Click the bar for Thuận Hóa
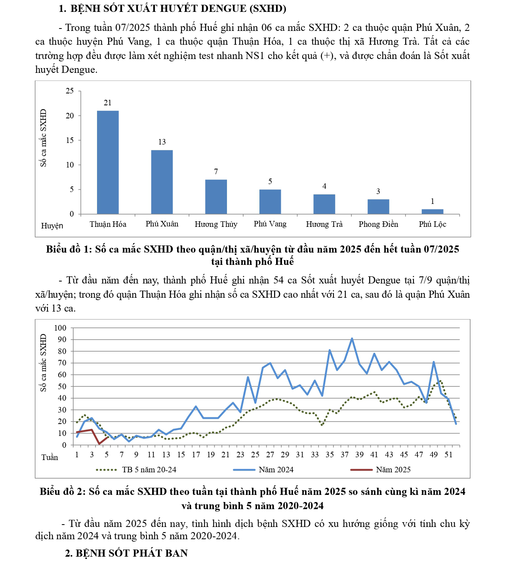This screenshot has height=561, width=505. pos(108,162)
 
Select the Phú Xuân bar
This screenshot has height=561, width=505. pos(162,182)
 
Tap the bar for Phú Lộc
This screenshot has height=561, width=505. pos(432,211)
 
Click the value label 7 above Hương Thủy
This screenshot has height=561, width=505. pos(216,171)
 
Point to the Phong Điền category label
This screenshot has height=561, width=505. pos(378,224)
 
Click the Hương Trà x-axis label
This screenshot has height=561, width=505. pos(324,224)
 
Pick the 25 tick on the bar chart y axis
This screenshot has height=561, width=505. pos(70,91)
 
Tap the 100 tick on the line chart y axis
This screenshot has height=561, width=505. pos(60,328)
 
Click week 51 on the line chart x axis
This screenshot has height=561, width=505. pos(448,455)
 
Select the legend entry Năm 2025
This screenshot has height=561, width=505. pos(393,470)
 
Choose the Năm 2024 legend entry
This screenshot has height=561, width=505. pos(276,470)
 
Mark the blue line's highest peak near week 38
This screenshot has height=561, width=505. pos(352,339)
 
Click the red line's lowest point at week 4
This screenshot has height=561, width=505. pos(99,444)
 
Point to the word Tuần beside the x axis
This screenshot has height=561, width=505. pos(50,457)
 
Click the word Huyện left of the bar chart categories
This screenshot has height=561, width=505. pos(52,226)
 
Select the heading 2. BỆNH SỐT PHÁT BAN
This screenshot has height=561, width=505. pos(126,553)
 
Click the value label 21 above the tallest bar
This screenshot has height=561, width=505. pos(108,103)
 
